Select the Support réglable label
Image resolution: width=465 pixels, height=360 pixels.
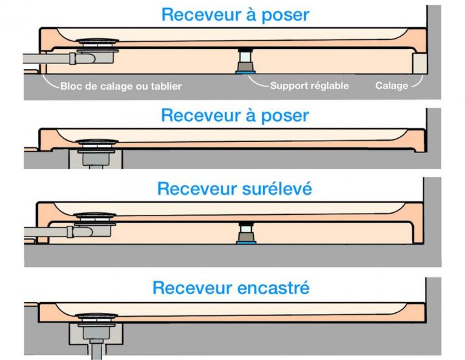[x=309, y=85]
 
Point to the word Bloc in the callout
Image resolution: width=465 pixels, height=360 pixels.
[x=71, y=86]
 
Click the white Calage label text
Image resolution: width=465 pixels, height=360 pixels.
[x=391, y=85]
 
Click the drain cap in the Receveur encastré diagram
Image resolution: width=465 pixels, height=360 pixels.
[x=94, y=317]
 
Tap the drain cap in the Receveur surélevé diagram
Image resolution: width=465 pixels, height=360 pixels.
[x=95, y=216]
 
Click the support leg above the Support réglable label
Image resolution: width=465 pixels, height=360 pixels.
[x=246, y=62]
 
